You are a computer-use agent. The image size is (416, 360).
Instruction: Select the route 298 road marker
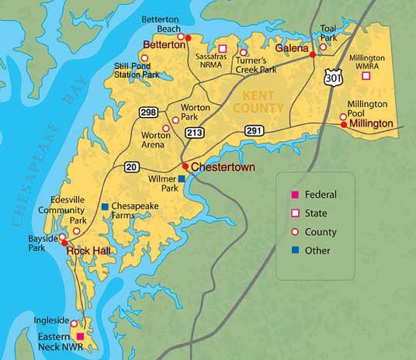(148, 112)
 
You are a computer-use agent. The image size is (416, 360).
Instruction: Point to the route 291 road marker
(255, 131)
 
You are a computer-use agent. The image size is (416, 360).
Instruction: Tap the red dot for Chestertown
(185, 166)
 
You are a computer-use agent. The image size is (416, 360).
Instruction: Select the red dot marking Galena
(313, 54)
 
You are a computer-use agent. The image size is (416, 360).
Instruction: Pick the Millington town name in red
(371, 124)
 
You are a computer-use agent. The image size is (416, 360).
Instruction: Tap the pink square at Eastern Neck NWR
(80, 336)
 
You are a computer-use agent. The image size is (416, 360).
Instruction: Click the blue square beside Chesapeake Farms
(105, 206)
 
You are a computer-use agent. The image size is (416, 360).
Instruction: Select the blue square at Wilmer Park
(182, 179)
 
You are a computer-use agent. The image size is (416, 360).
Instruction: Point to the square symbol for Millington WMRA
(366, 75)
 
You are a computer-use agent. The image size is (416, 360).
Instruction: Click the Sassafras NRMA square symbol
(222, 48)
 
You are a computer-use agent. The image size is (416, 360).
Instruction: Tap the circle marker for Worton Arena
(165, 129)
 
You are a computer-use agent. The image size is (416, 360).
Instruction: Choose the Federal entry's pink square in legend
(294, 194)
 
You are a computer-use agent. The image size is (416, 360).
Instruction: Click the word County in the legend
(321, 232)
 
